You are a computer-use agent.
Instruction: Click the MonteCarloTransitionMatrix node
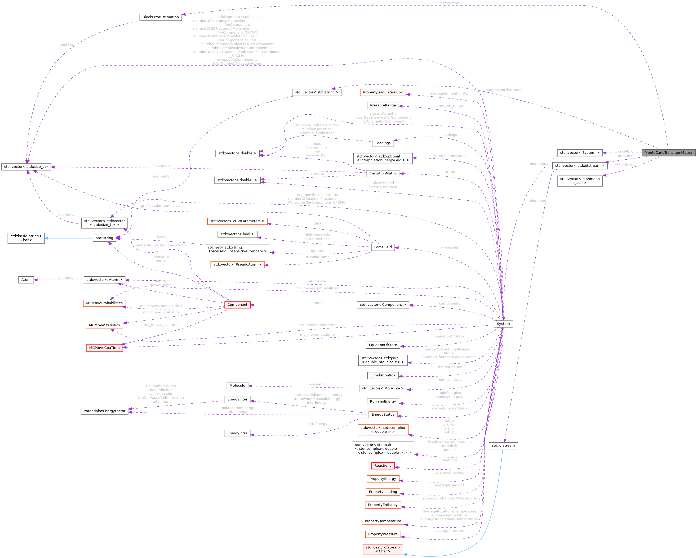coord(668,152)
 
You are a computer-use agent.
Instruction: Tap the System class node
coord(503,324)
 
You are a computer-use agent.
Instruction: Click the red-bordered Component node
coord(237,305)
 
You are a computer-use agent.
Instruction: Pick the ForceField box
coord(383,247)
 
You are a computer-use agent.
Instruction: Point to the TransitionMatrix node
coord(383,173)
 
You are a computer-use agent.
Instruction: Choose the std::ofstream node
coord(503,445)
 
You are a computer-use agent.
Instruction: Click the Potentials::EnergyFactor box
coord(104,411)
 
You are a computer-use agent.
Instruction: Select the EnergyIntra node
coord(237,433)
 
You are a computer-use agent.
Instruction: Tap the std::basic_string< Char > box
coord(26,238)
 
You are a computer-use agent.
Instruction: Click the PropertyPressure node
coord(383,534)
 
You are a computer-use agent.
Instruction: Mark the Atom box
coord(26,280)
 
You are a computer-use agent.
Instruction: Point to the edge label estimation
coord(449,3)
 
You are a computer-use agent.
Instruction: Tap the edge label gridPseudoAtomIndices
coord(161,206)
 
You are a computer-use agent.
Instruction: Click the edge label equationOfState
coord(449,336)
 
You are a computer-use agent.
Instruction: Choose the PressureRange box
coord(383,105)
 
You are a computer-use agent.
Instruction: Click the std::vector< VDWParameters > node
coord(237,221)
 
